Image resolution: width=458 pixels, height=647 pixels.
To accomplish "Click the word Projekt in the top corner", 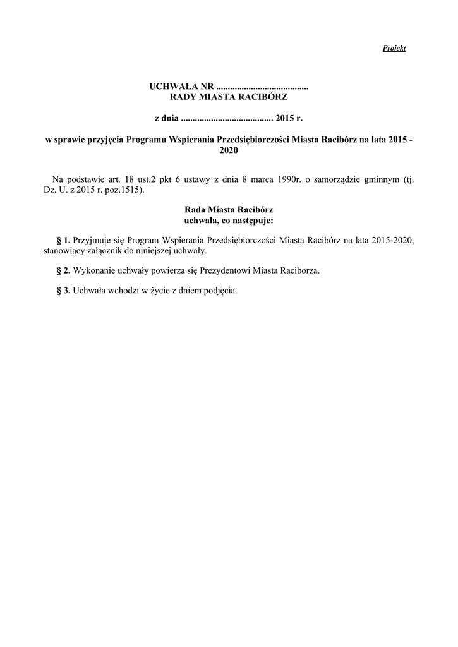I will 394,48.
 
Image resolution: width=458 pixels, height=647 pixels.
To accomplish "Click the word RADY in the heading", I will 184,97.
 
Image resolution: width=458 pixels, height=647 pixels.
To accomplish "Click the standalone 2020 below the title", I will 229,151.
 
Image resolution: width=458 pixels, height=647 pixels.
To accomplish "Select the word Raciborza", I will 299,270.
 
